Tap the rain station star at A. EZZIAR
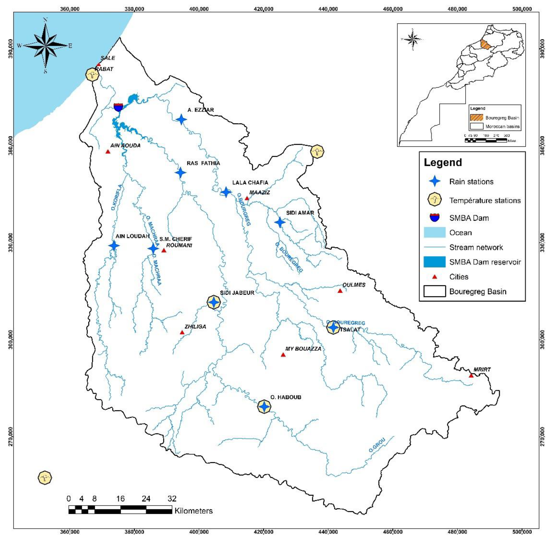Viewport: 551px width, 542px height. (181, 120)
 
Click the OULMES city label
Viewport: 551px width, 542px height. (354, 285)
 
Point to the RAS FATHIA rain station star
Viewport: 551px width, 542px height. (180, 172)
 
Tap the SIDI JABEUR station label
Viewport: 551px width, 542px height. (237, 293)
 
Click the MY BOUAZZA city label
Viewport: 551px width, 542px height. (303, 349)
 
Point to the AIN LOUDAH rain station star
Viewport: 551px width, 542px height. (114, 245)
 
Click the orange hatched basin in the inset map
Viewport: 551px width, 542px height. (486, 45)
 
